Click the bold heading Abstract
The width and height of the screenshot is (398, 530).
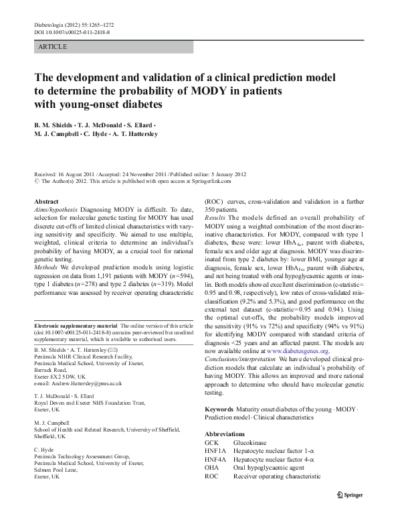[x=46, y=200]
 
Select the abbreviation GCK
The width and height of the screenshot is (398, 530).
[x=211, y=443]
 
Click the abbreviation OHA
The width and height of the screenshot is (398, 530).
[x=211, y=468]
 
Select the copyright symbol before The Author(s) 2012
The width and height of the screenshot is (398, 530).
[x=35, y=181]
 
